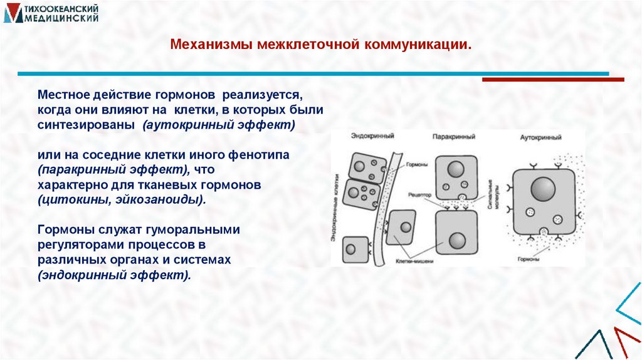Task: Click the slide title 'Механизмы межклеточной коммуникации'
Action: tap(320, 45)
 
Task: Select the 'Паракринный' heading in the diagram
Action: tap(450, 136)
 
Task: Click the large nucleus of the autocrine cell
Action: tap(543, 189)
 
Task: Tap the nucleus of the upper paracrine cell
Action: tap(455, 170)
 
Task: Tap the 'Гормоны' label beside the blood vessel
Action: tap(418, 164)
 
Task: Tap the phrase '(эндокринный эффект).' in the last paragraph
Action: tap(114, 275)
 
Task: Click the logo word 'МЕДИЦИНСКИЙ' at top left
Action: tap(61, 19)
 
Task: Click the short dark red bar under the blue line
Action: tap(552, 80)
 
